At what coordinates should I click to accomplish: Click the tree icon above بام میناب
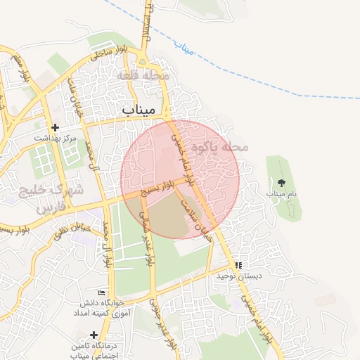[x=282, y=183]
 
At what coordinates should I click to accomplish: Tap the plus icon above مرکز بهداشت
[x=55, y=128]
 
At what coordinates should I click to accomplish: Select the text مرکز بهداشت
[x=56, y=139]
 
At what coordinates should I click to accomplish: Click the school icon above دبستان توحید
[x=238, y=265]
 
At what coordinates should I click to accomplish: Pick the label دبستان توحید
[x=239, y=276]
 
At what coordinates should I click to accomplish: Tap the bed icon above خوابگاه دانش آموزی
[x=102, y=292]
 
